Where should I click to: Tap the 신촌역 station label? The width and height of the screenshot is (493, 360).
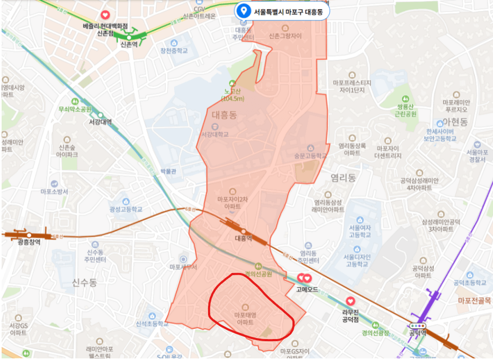point(129,44)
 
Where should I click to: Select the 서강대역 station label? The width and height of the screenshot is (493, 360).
point(100,122)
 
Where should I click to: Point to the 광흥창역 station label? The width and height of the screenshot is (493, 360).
point(28,242)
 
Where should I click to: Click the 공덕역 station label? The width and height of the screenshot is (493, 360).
point(418,333)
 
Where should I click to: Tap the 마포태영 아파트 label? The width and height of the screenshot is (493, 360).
point(245,318)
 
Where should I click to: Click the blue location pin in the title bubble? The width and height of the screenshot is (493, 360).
point(244,10)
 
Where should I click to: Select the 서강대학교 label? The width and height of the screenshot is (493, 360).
point(215,134)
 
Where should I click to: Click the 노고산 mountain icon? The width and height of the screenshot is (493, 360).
point(232,83)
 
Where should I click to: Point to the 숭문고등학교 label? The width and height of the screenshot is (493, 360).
point(310,155)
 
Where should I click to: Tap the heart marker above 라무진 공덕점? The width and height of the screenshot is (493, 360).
point(351,301)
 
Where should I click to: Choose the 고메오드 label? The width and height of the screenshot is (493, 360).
point(307,289)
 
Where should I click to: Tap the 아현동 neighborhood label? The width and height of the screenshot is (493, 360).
point(456,122)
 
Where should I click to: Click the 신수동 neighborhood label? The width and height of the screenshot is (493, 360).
point(84,282)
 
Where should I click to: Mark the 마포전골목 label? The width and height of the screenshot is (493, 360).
point(474,300)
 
